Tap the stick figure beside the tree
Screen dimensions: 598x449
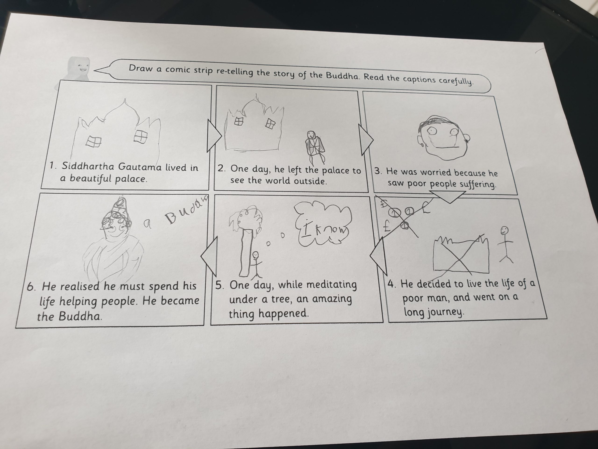click(256, 265)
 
